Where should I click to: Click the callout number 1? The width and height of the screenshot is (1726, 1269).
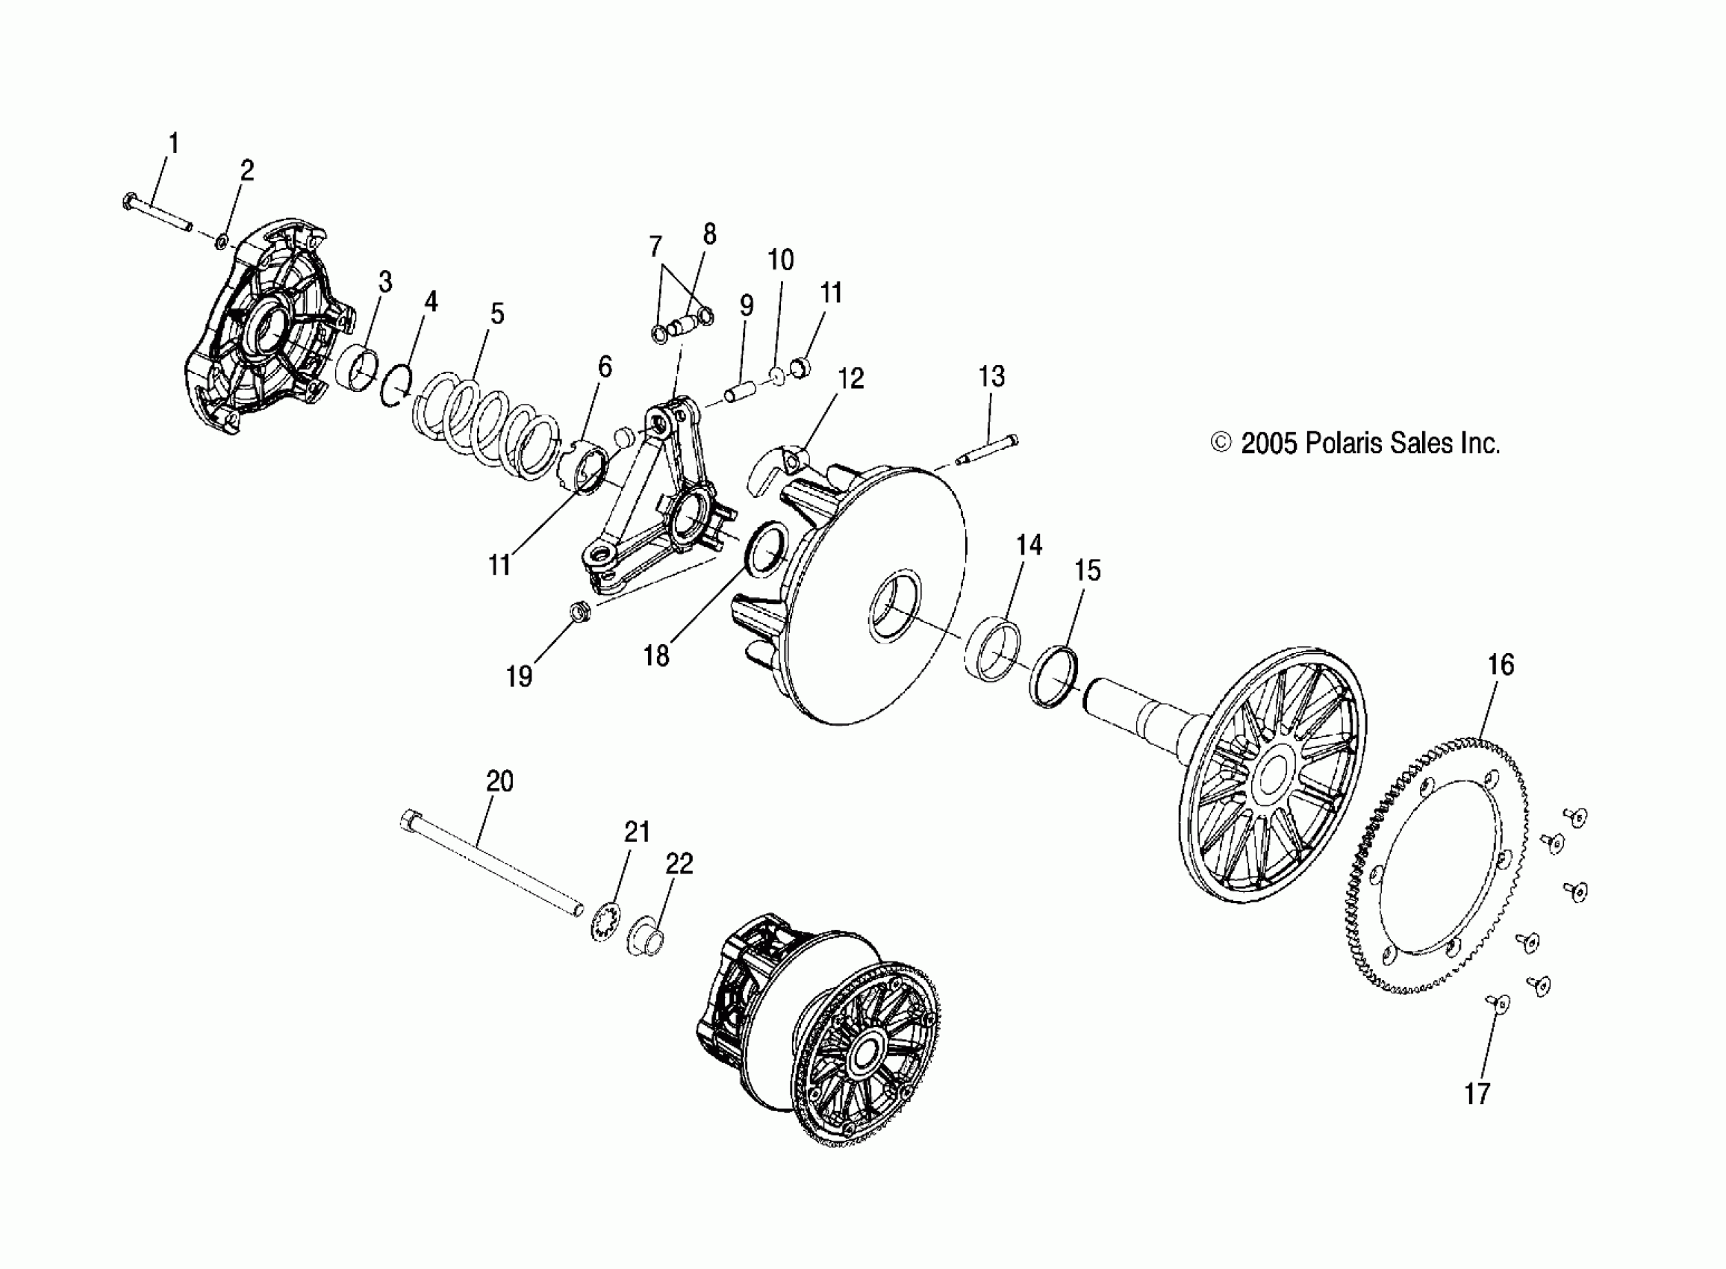click(x=174, y=143)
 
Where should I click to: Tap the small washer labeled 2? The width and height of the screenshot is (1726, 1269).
click(x=220, y=242)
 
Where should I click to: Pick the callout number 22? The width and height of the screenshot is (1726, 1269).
click(x=679, y=865)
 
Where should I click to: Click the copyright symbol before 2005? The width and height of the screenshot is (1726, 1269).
click(x=1221, y=443)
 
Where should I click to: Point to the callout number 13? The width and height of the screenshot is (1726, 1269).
click(x=991, y=376)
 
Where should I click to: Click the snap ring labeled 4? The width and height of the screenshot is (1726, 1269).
click(x=397, y=386)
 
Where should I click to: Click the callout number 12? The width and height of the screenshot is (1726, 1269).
click(x=850, y=378)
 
